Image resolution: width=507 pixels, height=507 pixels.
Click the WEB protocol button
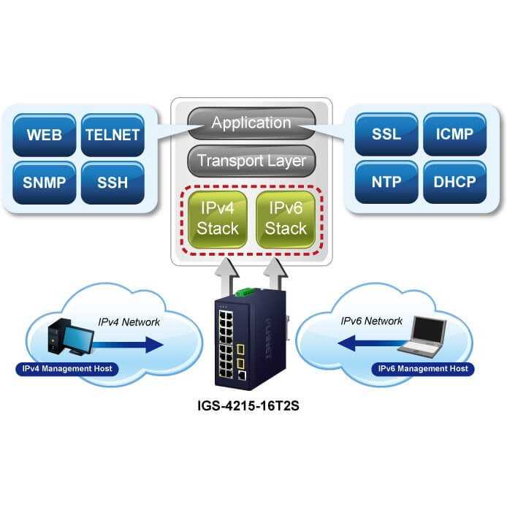click(x=45, y=135)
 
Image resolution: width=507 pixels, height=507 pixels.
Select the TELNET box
click(x=113, y=135)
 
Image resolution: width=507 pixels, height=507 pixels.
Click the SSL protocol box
click(x=386, y=135)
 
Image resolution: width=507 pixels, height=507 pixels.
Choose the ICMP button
click(x=454, y=135)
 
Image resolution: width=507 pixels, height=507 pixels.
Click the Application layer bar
click(x=251, y=123)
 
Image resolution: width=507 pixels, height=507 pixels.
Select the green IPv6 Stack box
click(x=286, y=218)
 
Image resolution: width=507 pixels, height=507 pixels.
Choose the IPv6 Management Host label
click(x=422, y=368)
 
